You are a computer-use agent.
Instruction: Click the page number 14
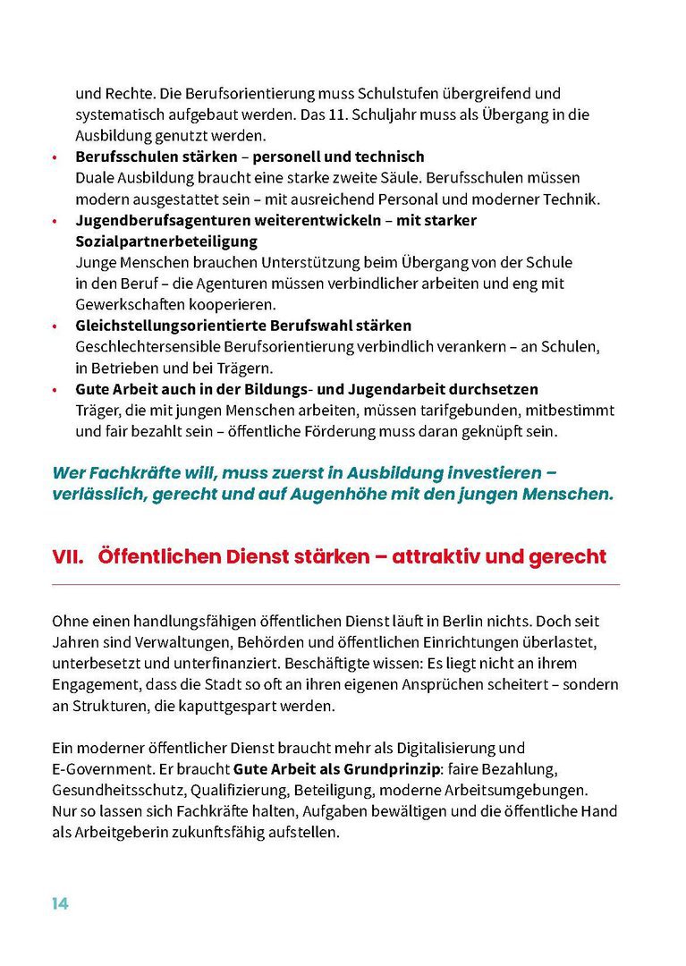point(60,903)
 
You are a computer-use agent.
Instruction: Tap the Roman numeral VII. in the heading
point(68,556)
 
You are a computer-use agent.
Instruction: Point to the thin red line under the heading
point(335,585)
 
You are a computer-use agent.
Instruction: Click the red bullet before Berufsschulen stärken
point(55,157)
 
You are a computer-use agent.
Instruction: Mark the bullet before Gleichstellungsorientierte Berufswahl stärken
point(55,326)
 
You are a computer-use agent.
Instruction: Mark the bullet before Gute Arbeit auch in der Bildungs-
point(55,390)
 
